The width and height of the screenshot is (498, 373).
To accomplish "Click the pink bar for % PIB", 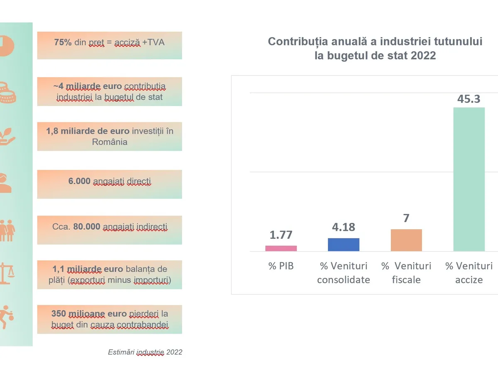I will (281, 248).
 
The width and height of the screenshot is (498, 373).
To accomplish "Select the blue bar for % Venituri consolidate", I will (344, 245).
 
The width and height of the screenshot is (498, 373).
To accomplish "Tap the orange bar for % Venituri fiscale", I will (406, 240).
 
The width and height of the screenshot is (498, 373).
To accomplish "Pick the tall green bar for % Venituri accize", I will (469, 179).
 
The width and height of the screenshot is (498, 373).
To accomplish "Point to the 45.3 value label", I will (469, 99).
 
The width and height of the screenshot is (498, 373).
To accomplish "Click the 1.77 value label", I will (281, 235).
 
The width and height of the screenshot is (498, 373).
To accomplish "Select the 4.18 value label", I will (344, 227).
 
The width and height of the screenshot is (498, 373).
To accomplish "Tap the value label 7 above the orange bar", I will (406, 218).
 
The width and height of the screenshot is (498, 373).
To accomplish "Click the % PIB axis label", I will (281, 266).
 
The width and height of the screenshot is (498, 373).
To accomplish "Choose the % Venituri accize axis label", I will (469, 273).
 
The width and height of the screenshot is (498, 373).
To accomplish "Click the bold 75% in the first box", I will (63, 42).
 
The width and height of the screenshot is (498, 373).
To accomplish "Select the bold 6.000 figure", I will (79, 181).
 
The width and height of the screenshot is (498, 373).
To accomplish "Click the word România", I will (110, 142).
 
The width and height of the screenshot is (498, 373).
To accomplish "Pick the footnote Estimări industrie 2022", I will (145, 352).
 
